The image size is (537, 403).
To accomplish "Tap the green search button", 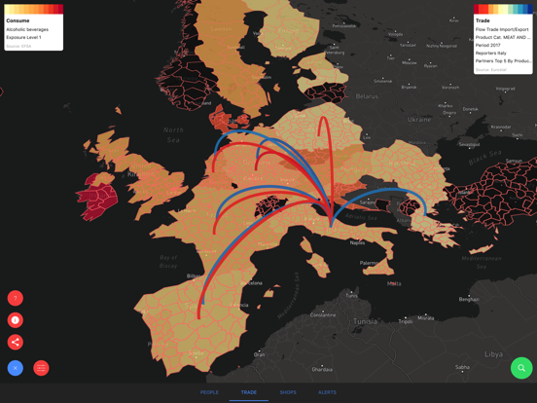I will [x=521, y=368].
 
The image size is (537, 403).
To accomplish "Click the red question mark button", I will [x=16, y=298].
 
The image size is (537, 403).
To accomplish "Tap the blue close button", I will [x=16, y=368].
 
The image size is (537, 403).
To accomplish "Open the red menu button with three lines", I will [x=41, y=368].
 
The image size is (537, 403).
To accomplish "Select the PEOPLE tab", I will [x=209, y=392].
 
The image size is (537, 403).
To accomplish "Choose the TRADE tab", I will [x=249, y=392].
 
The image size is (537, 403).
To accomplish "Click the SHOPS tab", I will [x=288, y=392].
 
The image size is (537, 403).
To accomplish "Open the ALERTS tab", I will [x=327, y=392].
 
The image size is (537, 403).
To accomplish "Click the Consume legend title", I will [x=18, y=20].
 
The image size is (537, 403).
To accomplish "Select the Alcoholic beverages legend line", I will [x=27, y=29].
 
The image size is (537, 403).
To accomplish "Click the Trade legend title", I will [x=483, y=20].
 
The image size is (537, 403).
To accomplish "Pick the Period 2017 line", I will [x=488, y=45].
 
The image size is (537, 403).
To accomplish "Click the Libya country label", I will [x=494, y=354].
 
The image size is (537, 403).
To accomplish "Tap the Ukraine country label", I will [x=418, y=120].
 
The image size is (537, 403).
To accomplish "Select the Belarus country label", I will [x=367, y=96].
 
